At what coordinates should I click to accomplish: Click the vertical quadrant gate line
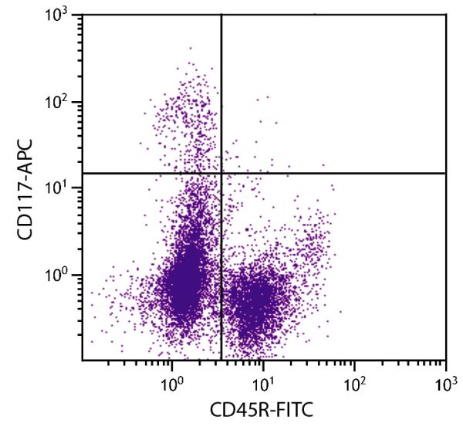tap(222, 93)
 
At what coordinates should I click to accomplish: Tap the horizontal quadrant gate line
tap(347, 173)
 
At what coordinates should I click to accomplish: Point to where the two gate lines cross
tap(222, 173)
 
